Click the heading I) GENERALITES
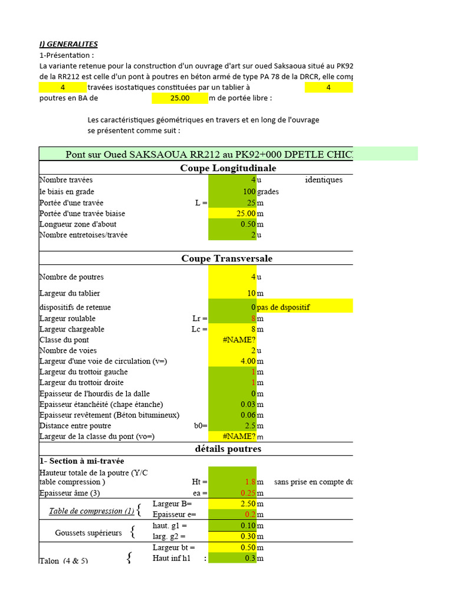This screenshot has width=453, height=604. (68, 44)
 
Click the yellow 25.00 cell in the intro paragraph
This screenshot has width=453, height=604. (179, 99)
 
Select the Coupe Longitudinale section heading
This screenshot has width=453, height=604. (228, 168)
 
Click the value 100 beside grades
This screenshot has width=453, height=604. (248, 192)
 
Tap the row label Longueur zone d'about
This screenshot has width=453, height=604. (78, 224)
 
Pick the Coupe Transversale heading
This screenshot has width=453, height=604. (226, 258)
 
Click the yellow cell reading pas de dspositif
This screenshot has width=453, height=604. (283, 307)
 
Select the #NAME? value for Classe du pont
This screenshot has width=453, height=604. (238, 340)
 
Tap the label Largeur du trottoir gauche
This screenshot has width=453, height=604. (83, 372)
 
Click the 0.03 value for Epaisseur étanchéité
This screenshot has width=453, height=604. (247, 404)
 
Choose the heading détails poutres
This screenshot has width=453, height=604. (228, 449)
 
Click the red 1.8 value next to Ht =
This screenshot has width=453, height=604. (250, 482)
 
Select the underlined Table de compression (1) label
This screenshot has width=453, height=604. (91, 511)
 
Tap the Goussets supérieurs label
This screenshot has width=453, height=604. (88, 533)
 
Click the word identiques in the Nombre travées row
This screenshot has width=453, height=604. (324, 180)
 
